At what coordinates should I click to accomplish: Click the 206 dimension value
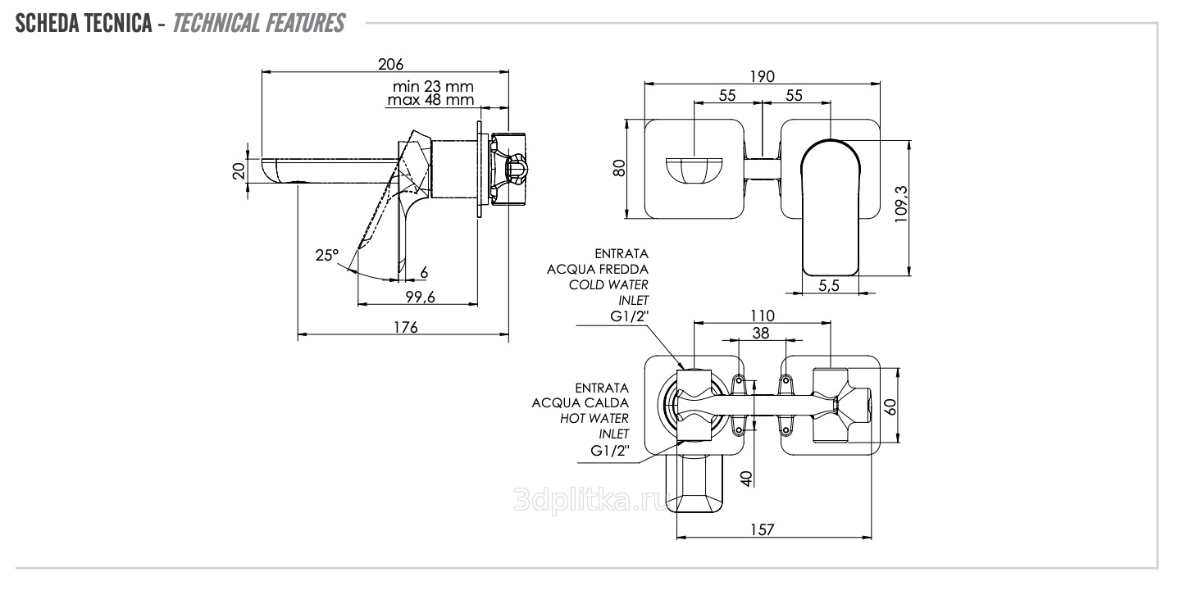point(391,64)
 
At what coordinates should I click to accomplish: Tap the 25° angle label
point(326,256)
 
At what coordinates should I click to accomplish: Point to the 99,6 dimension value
point(418,297)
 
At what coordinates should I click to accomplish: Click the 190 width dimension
point(763,77)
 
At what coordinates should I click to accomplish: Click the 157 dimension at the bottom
point(763,530)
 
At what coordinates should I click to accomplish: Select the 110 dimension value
point(762,316)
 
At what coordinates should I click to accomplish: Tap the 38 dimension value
point(760,332)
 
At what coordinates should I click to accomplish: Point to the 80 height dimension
point(620,167)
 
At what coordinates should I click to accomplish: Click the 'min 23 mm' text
point(433,86)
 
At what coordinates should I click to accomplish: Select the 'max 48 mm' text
point(431,100)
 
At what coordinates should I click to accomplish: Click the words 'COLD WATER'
point(608,284)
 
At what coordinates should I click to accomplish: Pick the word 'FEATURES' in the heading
point(304,24)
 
